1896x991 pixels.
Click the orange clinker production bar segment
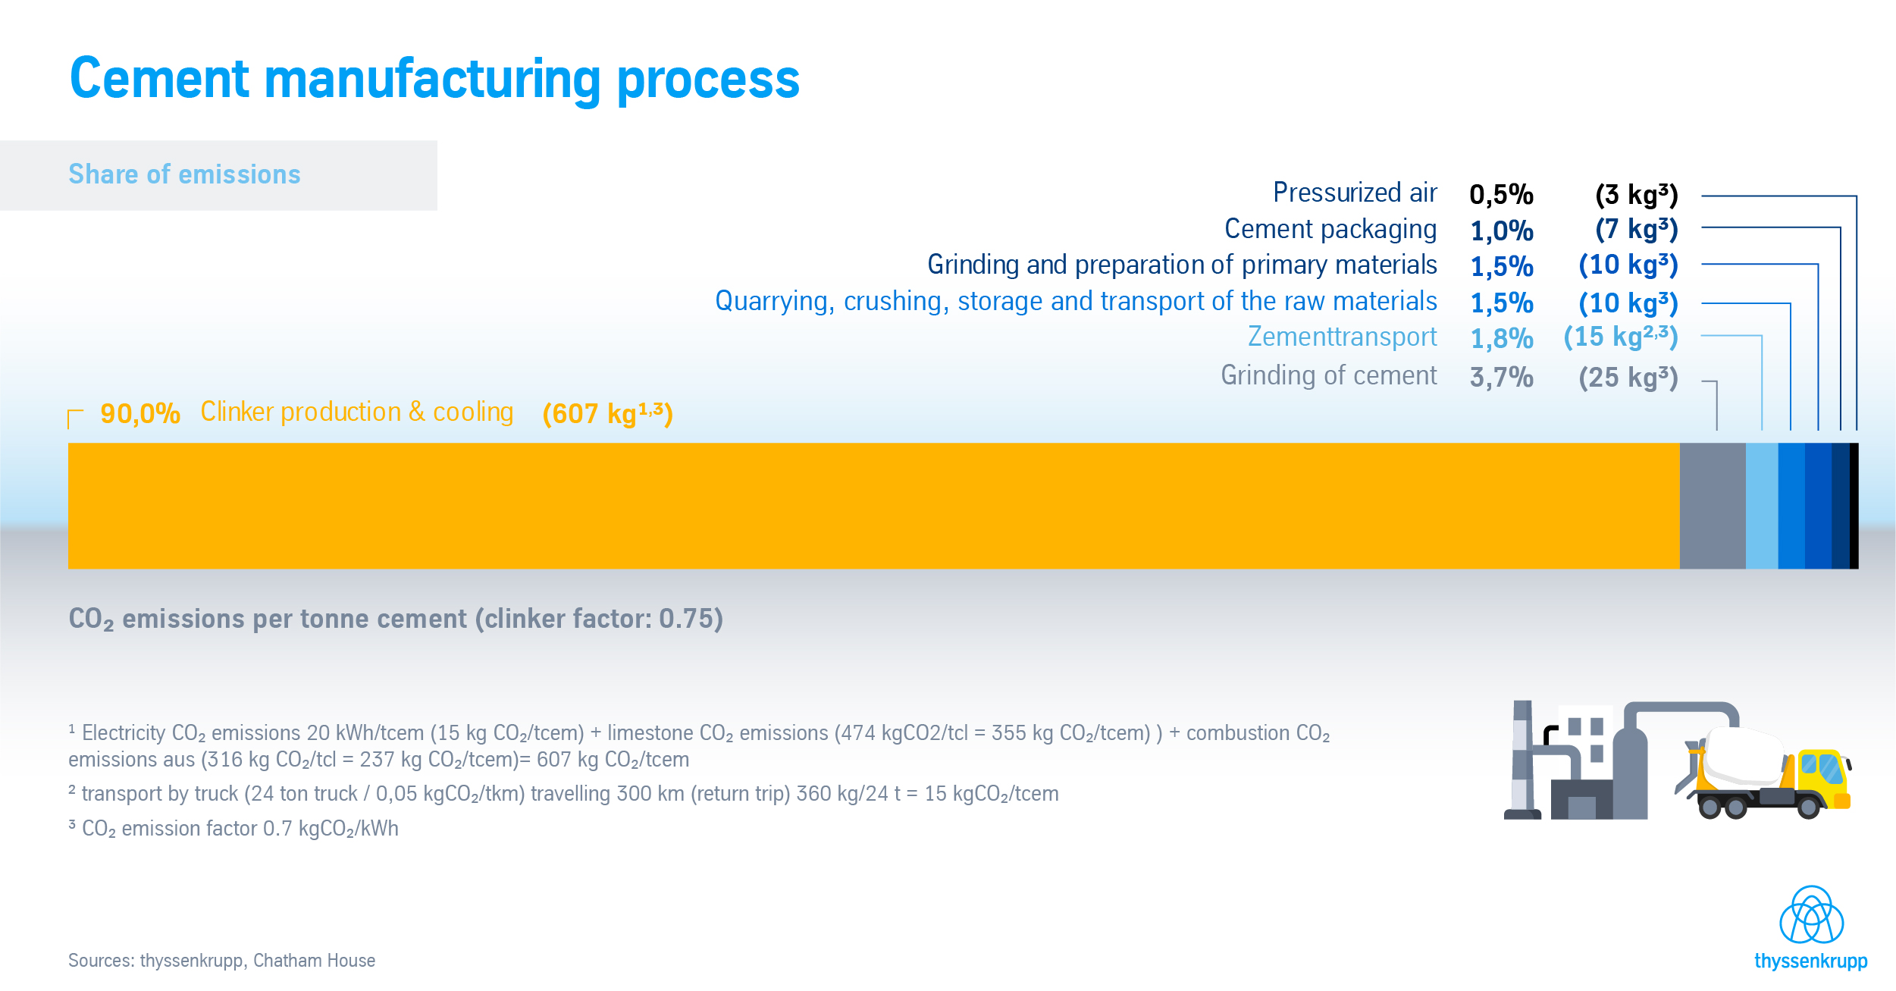[x=873, y=506]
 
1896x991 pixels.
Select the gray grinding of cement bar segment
[x=1713, y=506]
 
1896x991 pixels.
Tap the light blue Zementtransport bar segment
[x=1762, y=506]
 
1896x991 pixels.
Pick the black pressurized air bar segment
[x=1854, y=506]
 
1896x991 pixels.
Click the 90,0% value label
[x=140, y=414]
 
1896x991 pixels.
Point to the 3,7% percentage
[x=1501, y=377]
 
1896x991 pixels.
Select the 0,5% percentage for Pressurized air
[x=1501, y=195]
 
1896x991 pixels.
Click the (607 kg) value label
[x=607, y=414]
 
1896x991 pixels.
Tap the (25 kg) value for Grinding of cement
[x=1628, y=377]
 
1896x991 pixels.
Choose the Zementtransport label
[x=1342, y=337]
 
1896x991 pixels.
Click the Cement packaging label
[x=1330, y=229]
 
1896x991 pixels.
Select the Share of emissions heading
[x=184, y=174]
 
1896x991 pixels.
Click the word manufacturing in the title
[x=432, y=79]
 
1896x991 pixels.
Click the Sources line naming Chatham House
[x=221, y=961]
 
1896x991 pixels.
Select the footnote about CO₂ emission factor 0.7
[x=233, y=829]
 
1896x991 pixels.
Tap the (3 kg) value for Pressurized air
[x=1636, y=195]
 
